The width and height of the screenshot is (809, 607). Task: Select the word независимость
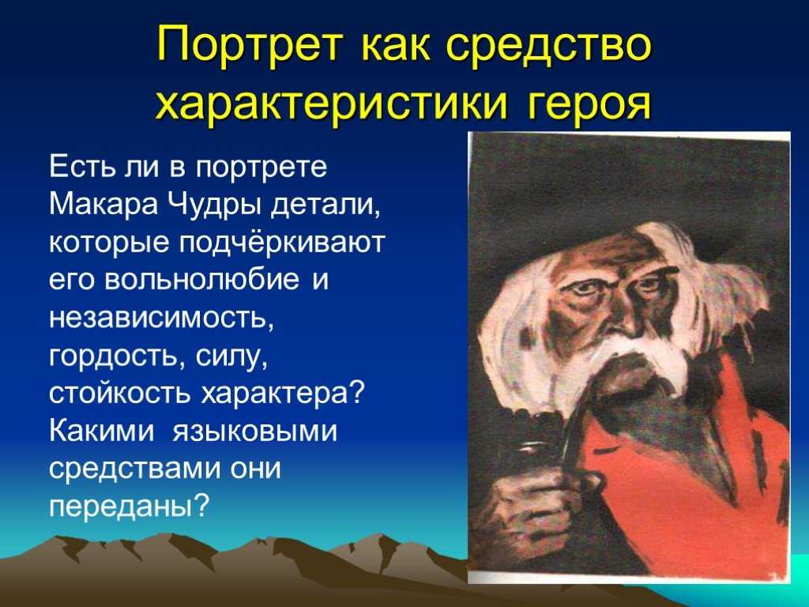(161, 318)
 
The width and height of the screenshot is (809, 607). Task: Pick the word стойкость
(121, 394)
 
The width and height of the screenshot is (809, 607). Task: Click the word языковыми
(254, 432)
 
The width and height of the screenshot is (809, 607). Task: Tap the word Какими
(102, 431)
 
